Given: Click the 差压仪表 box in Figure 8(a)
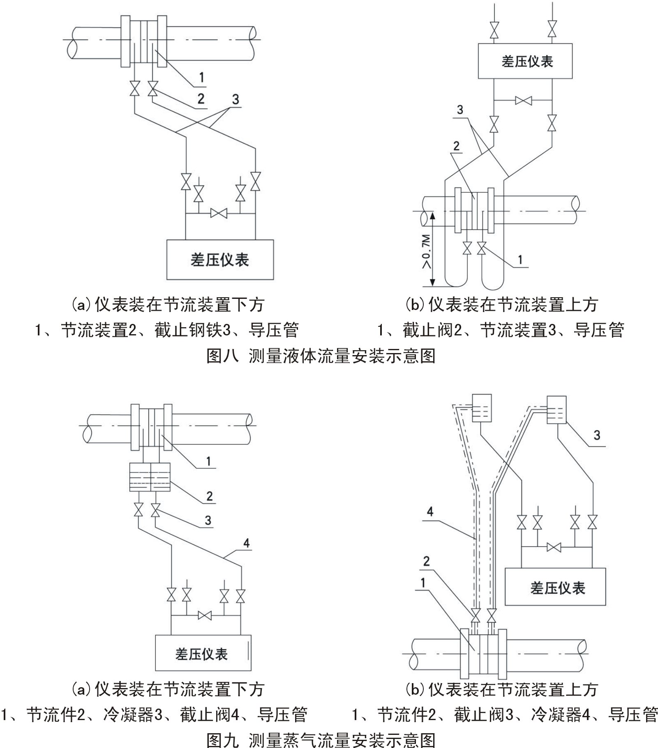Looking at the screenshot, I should (220, 259).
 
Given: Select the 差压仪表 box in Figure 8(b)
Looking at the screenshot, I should (525, 61).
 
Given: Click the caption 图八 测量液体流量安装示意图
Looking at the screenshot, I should (321, 356).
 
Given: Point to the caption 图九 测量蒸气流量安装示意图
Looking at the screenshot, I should (321, 739).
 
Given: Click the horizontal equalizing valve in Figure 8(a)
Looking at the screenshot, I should (219, 213).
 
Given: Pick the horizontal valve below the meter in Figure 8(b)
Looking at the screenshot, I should (523, 100).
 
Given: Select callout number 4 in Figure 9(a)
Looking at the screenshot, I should (246, 543).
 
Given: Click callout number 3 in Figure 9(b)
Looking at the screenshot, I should (597, 435).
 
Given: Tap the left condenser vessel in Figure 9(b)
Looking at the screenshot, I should (481, 408).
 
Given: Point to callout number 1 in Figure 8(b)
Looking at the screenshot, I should (520, 259).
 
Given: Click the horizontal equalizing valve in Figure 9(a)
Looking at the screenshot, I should (204, 616).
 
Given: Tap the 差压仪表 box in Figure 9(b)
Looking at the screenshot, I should (555, 587).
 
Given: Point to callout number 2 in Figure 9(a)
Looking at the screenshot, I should (209, 496).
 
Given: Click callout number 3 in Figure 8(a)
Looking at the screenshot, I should (235, 99).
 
